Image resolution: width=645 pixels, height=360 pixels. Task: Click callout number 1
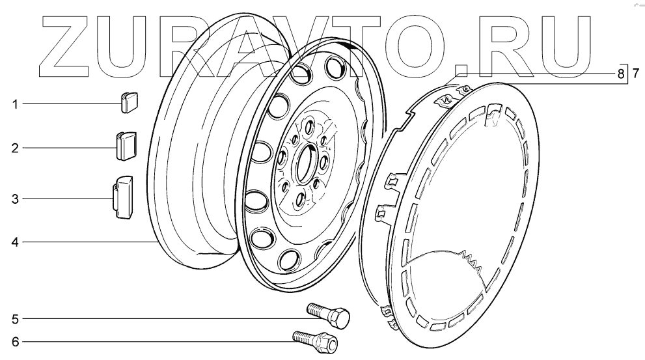pyautogui.click(x=15, y=105)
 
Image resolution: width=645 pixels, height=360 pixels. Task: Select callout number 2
pyautogui.click(x=15, y=148)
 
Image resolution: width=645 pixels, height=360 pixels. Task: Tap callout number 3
pyautogui.click(x=15, y=200)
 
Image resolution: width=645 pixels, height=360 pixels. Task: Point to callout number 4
pyautogui.click(x=15, y=242)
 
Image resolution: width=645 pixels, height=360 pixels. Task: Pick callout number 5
pyautogui.click(x=15, y=319)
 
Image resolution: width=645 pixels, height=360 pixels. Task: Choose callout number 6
pyautogui.click(x=15, y=342)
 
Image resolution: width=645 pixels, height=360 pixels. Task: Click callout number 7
pyautogui.click(x=636, y=74)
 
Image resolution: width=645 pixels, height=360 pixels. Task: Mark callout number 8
pyautogui.click(x=621, y=74)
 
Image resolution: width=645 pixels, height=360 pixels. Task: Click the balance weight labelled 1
pyautogui.click(x=129, y=102)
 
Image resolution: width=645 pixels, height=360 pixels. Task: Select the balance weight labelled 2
pyautogui.click(x=125, y=146)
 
